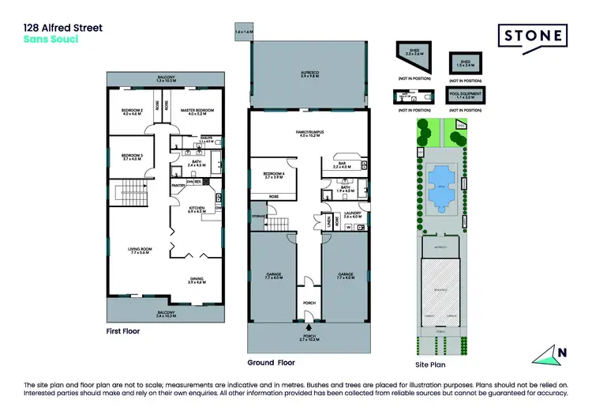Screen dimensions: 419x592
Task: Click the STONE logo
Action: point(532,36)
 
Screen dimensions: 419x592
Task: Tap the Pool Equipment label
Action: point(466,94)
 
